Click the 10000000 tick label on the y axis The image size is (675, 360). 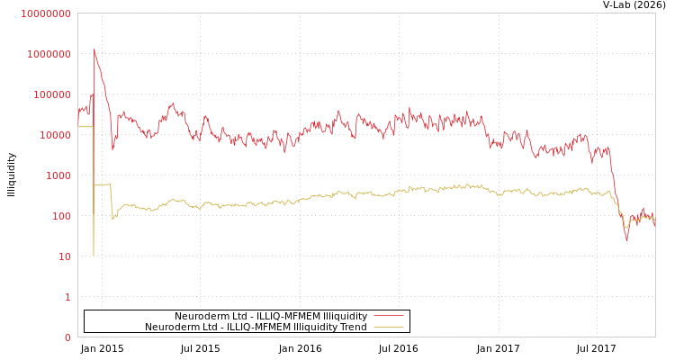45,13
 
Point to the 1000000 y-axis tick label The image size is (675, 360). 49,54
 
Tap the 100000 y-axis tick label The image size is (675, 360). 51,94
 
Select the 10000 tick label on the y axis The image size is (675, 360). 55,135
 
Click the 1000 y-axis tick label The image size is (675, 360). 58,175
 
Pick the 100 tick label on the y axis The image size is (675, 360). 61,216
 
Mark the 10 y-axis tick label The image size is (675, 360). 64,256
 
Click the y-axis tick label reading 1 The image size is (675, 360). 67,297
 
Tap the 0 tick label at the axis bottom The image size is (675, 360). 67,337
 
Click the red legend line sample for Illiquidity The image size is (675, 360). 388,316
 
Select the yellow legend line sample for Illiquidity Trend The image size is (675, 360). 388,327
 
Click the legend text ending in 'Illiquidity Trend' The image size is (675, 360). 256,327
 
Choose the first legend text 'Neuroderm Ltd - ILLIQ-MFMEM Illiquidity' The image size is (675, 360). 271,316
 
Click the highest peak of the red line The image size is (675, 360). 94,49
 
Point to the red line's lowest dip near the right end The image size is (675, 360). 627,239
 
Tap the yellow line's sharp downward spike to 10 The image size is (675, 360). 94,255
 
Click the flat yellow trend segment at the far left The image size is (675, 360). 85,127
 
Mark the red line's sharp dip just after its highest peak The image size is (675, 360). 112,148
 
